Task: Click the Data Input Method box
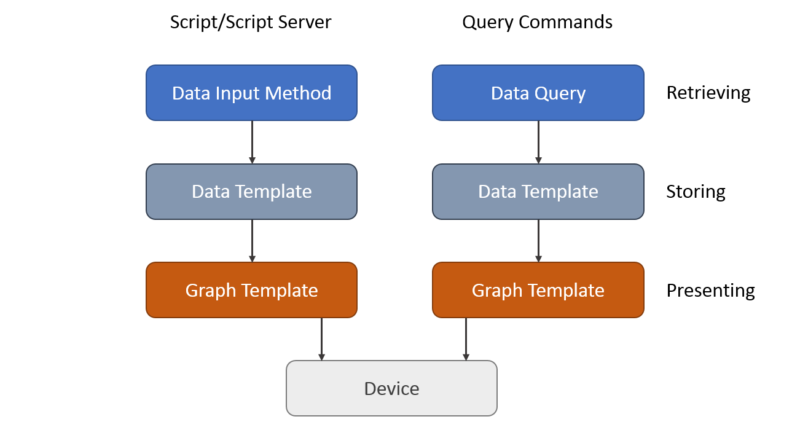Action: click(251, 93)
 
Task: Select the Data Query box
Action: click(538, 93)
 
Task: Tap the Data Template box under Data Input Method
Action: click(251, 192)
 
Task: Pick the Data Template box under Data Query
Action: click(538, 192)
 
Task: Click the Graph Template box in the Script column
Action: click(251, 290)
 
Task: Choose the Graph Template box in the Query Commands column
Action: click(538, 290)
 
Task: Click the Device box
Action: click(391, 388)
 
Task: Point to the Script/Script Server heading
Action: click(251, 22)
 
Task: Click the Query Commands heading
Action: click(537, 22)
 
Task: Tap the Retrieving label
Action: click(708, 93)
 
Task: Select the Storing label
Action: click(696, 192)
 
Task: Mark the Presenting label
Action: click(710, 290)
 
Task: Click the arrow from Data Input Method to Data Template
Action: click(252, 142)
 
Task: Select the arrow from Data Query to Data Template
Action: click(538, 142)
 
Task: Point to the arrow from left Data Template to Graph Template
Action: click(252, 240)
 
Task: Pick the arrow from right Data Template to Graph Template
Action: click(538, 240)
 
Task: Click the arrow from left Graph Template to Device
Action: click(321, 338)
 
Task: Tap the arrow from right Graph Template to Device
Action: click(466, 338)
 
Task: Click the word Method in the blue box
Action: click(301, 93)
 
